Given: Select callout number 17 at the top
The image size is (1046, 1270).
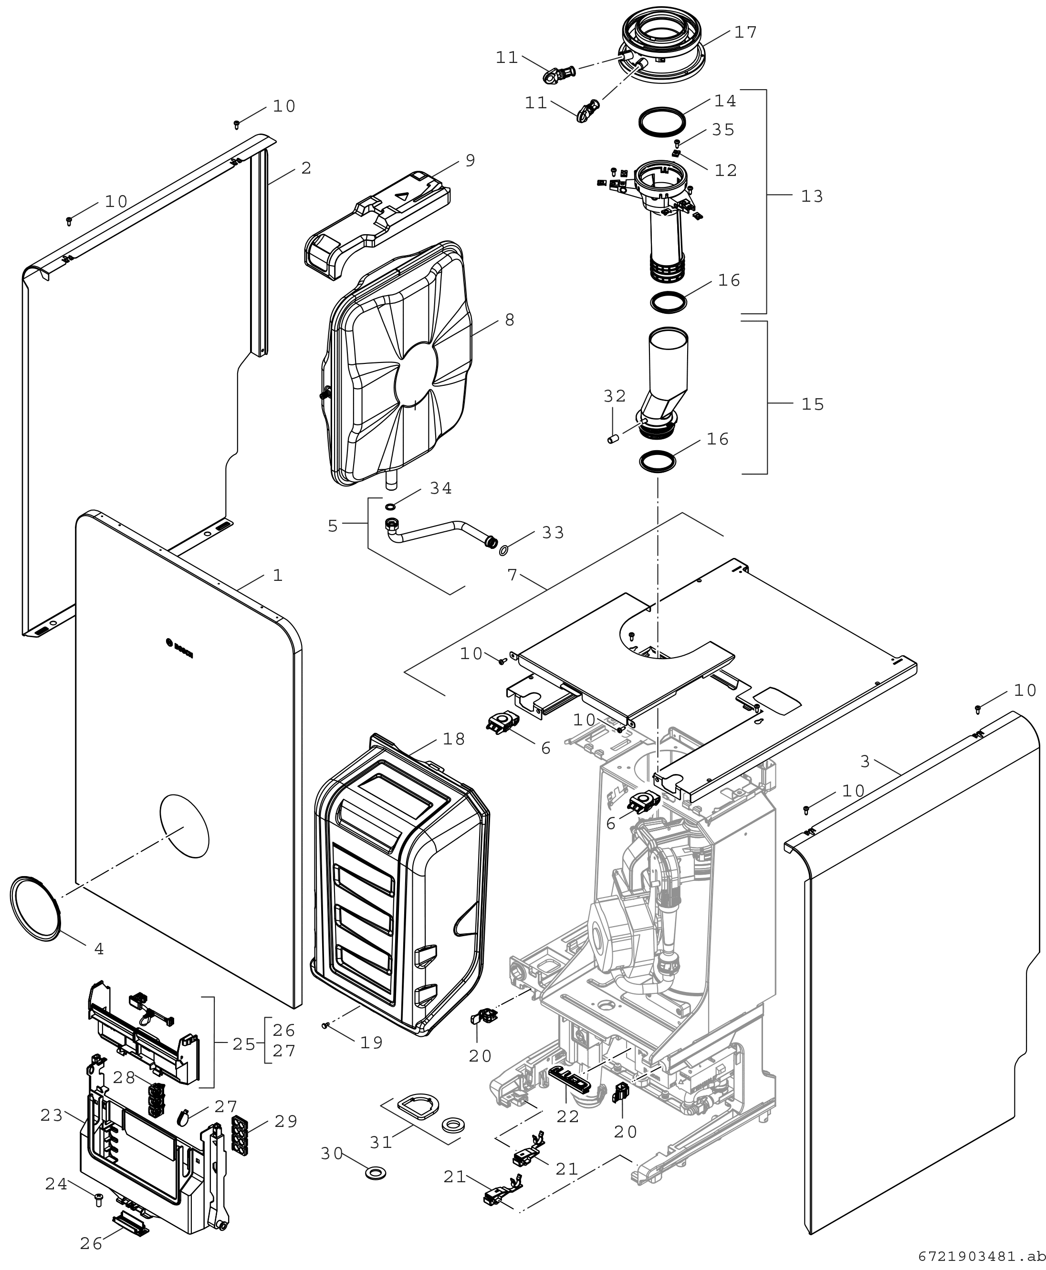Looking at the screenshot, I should click(x=745, y=32).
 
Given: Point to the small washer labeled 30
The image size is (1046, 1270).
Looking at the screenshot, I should click(x=376, y=1172).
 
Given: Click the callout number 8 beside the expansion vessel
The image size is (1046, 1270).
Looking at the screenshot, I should click(x=510, y=320).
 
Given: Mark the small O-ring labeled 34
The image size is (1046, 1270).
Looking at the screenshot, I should click(x=390, y=507).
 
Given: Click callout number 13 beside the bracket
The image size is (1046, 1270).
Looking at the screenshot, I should click(x=812, y=196).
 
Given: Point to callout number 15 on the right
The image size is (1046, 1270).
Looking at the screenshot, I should click(x=812, y=404).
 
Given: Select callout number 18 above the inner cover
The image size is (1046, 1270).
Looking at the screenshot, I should click(x=454, y=739).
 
